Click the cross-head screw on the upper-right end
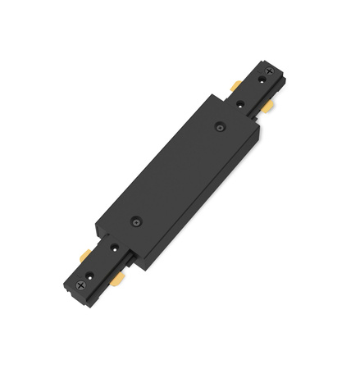coord(270,72)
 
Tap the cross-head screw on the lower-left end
coord(80,285)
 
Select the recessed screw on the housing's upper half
coord(220,126)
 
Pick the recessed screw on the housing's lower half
coord(136,221)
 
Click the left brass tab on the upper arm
coord(235,85)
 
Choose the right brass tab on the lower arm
coord(119,280)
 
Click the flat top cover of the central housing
coord(176,172)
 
